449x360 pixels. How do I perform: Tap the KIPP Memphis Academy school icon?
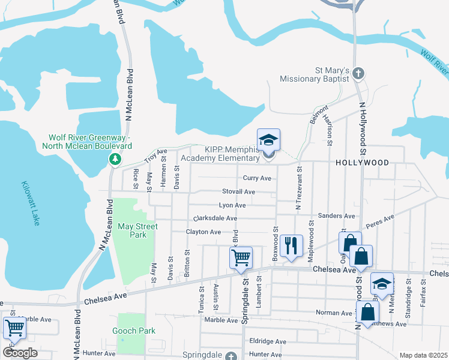pos(268,142)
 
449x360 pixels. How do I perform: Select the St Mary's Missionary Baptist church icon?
pos(358,74)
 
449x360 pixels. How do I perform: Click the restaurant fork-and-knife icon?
pos(291,245)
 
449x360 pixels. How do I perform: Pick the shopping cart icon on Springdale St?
pos(241,258)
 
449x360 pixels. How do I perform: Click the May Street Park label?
pos(137,230)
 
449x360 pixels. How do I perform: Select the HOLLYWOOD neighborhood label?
pos(362,163)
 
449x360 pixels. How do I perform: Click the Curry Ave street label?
pos(257,178)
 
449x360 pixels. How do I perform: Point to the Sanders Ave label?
pos(337,215)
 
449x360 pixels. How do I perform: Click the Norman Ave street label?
pos(334,313)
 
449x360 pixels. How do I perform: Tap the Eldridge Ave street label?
pos(267,341)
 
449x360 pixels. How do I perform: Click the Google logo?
pos(19,353)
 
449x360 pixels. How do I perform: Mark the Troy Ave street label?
pos(155,157)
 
